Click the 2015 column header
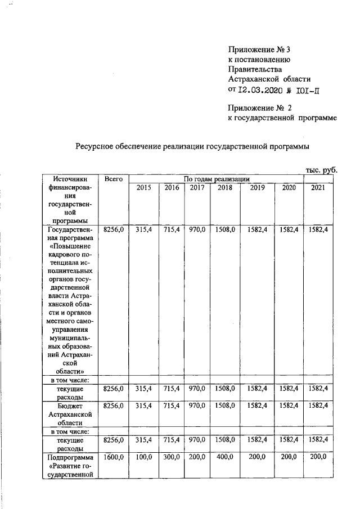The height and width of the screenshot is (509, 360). pos(143,187)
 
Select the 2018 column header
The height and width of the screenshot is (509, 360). pos(225,187)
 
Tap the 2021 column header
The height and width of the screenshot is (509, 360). pos(318,187)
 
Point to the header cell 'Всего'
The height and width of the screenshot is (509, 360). pos(114,178)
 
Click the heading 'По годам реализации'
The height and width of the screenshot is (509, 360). pos(217,179)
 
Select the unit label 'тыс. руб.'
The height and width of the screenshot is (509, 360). pos(321,169)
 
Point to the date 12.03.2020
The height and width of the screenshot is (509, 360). pos(262,89)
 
